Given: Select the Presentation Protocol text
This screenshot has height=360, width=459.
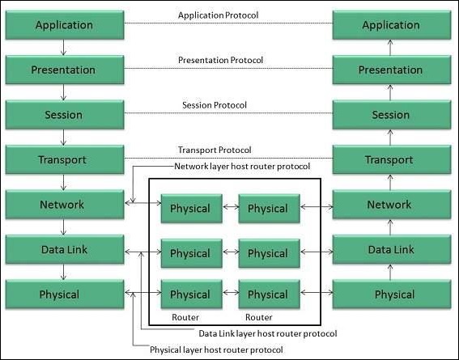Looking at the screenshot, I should tap(220, 60).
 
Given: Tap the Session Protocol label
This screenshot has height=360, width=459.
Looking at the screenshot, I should tap(215, 105).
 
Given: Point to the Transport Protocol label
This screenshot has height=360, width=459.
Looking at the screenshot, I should tap(215, 150).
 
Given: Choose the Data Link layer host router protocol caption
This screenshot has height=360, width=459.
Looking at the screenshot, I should tap(267, 332).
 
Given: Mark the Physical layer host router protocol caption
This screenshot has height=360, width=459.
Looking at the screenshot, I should tap(217, 349).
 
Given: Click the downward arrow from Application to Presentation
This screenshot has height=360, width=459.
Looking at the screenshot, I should tap(64, 48).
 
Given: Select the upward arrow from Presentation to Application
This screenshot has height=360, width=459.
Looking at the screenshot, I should tap(391, 48).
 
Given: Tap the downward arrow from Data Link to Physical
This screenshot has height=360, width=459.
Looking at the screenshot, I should tap(64, 272).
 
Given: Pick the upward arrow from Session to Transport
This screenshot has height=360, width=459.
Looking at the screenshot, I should tap(391, 138).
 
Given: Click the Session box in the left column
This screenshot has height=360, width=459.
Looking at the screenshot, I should tap(64, 115).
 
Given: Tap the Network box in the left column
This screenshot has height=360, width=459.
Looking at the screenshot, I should tap(64, 205).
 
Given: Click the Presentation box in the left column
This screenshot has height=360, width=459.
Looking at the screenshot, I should tap(64, 70).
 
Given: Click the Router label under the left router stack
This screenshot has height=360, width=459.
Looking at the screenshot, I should tap(185, 317).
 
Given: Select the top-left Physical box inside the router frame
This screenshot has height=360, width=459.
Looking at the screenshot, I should tap(190, 209).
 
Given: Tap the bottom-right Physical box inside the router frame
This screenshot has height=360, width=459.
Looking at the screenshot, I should tap(268, 294).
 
